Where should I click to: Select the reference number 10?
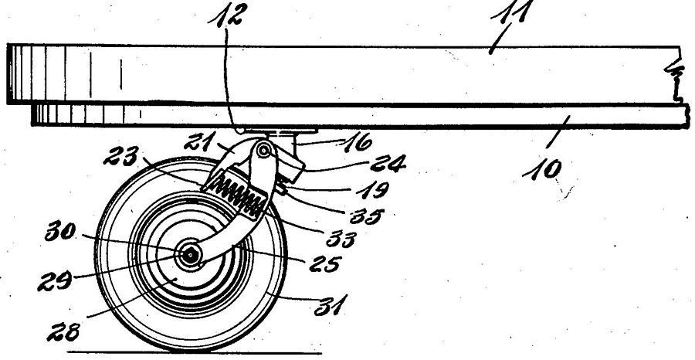coord(543,170)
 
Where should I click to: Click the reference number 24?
coord(388,164)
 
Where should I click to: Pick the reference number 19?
coord(373,190)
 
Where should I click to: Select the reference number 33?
coord(341,239)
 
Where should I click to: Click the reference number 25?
coord(324,264)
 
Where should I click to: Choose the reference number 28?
coord(64,331)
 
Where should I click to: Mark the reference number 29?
coord(55,281)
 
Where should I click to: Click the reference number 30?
coord(60,232)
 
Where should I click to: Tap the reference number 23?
coord(121,156)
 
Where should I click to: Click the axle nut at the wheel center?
coord(191,255)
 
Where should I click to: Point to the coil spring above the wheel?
coord(238,196)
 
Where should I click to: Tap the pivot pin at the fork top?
coord(263,151)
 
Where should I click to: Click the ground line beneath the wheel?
coord(194,353)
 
